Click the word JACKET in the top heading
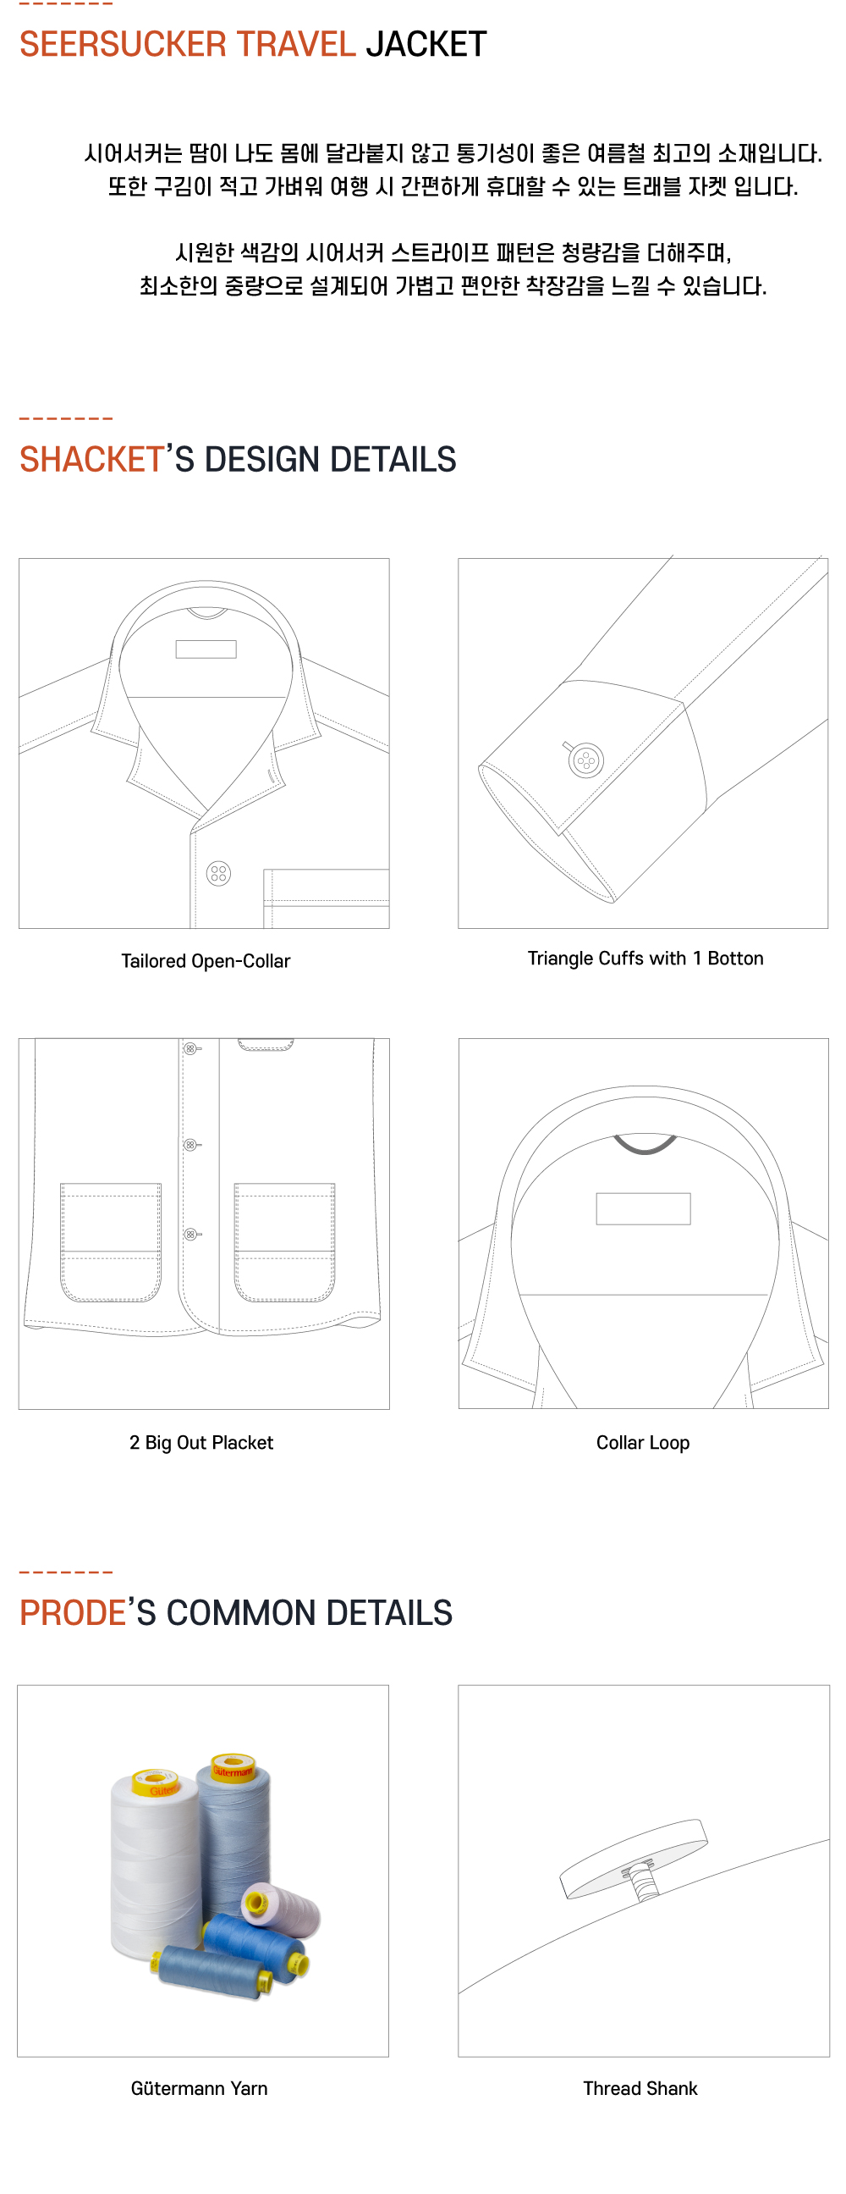[x=426, y=44]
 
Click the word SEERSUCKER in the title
[x=123, y=44]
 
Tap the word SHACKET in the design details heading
[x=92, y=460]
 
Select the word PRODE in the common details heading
[x=74, y=1613]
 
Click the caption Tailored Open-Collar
[x=205, y=961]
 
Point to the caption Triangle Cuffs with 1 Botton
[x=645, y=959]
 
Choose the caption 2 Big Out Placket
[x=201, y=1442]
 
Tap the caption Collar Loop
[x=643, y=1442]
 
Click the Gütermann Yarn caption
[x=199, y=2087]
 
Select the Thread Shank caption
[x=640, y=2087]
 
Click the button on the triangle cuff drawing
[x=585, y=760]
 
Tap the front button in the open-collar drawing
[x=219, y=873]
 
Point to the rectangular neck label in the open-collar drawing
[x=206, y=649]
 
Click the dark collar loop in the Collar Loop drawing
[x=645, y=1146]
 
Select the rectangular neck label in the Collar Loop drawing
[x=643, y=1208]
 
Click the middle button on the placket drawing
[x=190, y=1145]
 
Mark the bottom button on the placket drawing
[x=190, y=1234]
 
